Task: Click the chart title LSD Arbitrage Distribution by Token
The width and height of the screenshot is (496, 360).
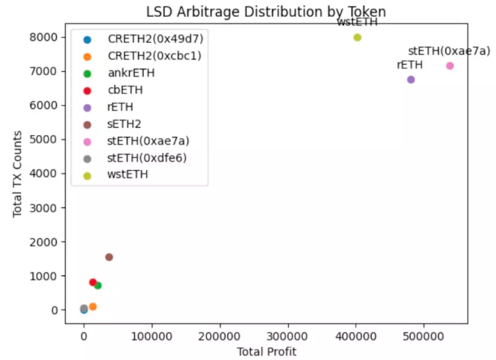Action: [266, 11]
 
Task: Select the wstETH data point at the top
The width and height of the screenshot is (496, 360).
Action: [357, 37]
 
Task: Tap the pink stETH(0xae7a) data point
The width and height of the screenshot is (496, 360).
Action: [449, 66]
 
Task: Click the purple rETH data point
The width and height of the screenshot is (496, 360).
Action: [411, 79]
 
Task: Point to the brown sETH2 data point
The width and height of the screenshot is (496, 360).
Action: [109, 257]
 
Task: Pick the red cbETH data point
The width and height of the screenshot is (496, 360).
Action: [93, 282]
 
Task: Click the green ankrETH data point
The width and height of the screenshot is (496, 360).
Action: [98, 286]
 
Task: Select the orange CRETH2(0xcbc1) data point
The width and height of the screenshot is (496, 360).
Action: [93, 306]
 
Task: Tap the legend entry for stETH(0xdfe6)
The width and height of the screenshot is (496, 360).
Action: [148, 158]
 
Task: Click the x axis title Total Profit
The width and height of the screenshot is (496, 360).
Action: [266, 351]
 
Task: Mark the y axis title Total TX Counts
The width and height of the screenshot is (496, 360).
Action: [18, 175]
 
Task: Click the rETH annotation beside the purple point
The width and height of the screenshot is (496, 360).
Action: [409, 65]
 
